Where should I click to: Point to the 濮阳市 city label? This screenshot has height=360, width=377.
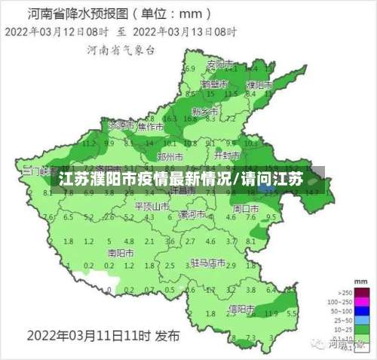(259, 85)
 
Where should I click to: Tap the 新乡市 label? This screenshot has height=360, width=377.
(204, 111)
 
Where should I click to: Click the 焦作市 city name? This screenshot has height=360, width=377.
(150, 128)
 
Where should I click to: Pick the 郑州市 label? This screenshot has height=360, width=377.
(170, 157)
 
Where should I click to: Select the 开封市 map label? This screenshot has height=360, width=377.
(226, 155)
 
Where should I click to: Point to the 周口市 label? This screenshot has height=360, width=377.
(245, 208)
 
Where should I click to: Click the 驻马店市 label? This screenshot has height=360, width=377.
(208, 263)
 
